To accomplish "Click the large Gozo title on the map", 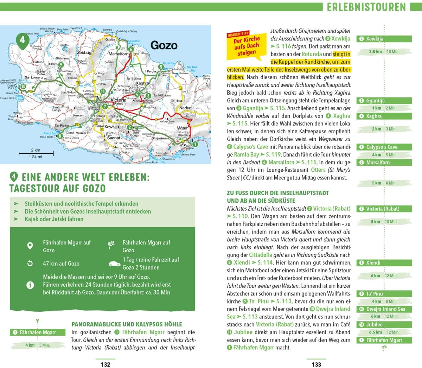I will click(164, 45).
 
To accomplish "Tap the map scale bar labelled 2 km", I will click(36, 153).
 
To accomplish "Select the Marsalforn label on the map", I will click(118, 54).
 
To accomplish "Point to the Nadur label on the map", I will click(185, 108).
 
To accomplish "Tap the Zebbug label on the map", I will click(84, 53).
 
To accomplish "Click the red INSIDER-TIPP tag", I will click(238, 34).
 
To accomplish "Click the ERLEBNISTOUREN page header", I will click(366, 7).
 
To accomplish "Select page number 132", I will click(105, 364).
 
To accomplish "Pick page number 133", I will click(316, 364).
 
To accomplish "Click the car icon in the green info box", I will click(114, 264).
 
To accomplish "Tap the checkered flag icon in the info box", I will click(111, 245).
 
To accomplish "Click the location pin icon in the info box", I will click(30, 246).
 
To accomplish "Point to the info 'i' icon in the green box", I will click(30, 285).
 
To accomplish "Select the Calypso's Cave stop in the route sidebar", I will click(382, 147).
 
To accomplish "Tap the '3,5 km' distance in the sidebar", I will click(375, 52).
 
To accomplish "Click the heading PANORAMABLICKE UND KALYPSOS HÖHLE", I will click(127, 324).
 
